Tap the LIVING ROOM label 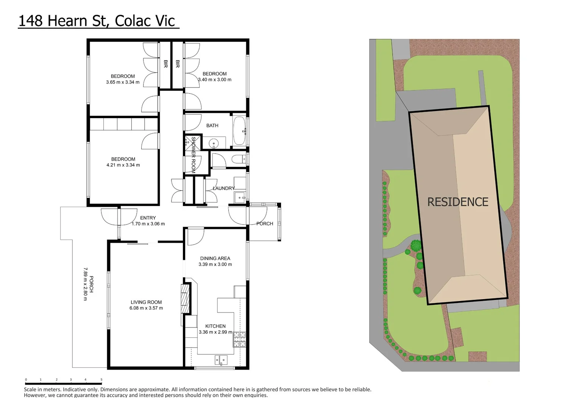146,302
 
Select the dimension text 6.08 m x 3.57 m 146,308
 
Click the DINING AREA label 215,258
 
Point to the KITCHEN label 215,326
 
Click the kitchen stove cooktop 239,339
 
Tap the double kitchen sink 221,360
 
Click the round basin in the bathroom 214,143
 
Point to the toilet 238,159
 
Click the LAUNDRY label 223,188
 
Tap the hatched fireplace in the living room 185,298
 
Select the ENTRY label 148,218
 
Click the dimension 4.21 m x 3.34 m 123,165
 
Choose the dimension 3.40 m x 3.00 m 215,80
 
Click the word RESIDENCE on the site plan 458,202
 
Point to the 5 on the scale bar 101,379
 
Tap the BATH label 212,125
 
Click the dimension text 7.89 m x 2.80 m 85,284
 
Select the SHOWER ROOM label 193,155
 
